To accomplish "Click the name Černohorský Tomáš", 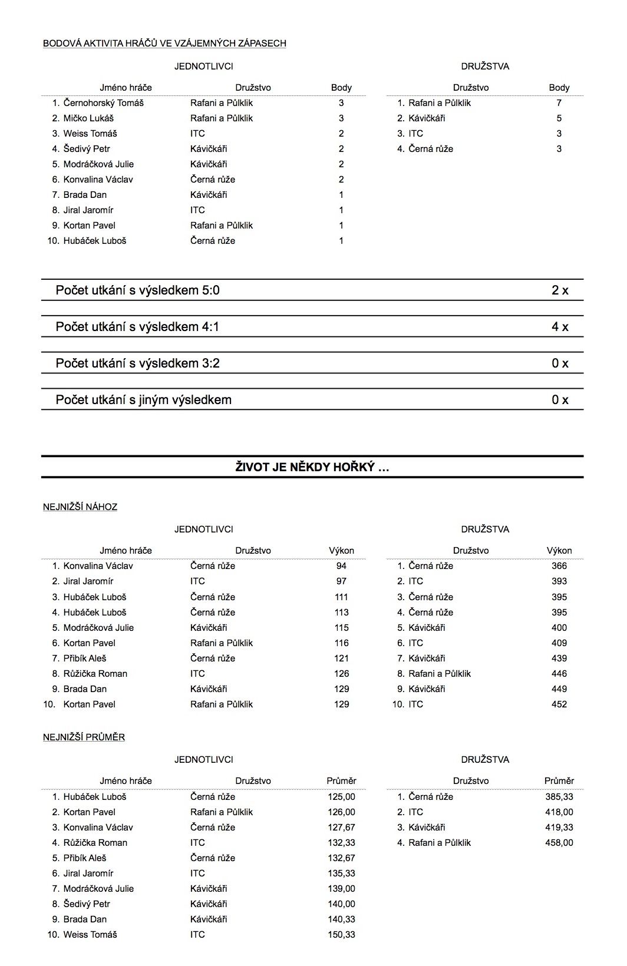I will point(104,103).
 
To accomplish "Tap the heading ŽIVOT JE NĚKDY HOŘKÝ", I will point(312,468).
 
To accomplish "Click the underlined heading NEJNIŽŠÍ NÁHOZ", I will point(80,507).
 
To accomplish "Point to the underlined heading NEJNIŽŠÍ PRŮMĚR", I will point(84,737).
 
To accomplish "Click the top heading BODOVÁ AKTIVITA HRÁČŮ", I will point(164,44).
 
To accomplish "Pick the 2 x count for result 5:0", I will point(560,290).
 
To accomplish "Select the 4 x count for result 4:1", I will point(560,327).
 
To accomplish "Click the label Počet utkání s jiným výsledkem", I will point(143,400).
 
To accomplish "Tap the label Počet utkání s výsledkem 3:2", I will point(137,363).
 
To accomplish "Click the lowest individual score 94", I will point(341,566).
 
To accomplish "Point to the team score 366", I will point(559,566).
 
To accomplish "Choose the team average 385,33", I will point(559,797).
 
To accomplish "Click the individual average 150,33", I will point(341,935).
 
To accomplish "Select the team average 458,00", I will point(559,843).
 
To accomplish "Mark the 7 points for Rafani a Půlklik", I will point(559,103).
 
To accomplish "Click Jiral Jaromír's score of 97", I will point(341,581).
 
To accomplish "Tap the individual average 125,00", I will point(341,797).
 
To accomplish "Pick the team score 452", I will point(559,704).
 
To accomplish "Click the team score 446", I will point(559,674).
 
